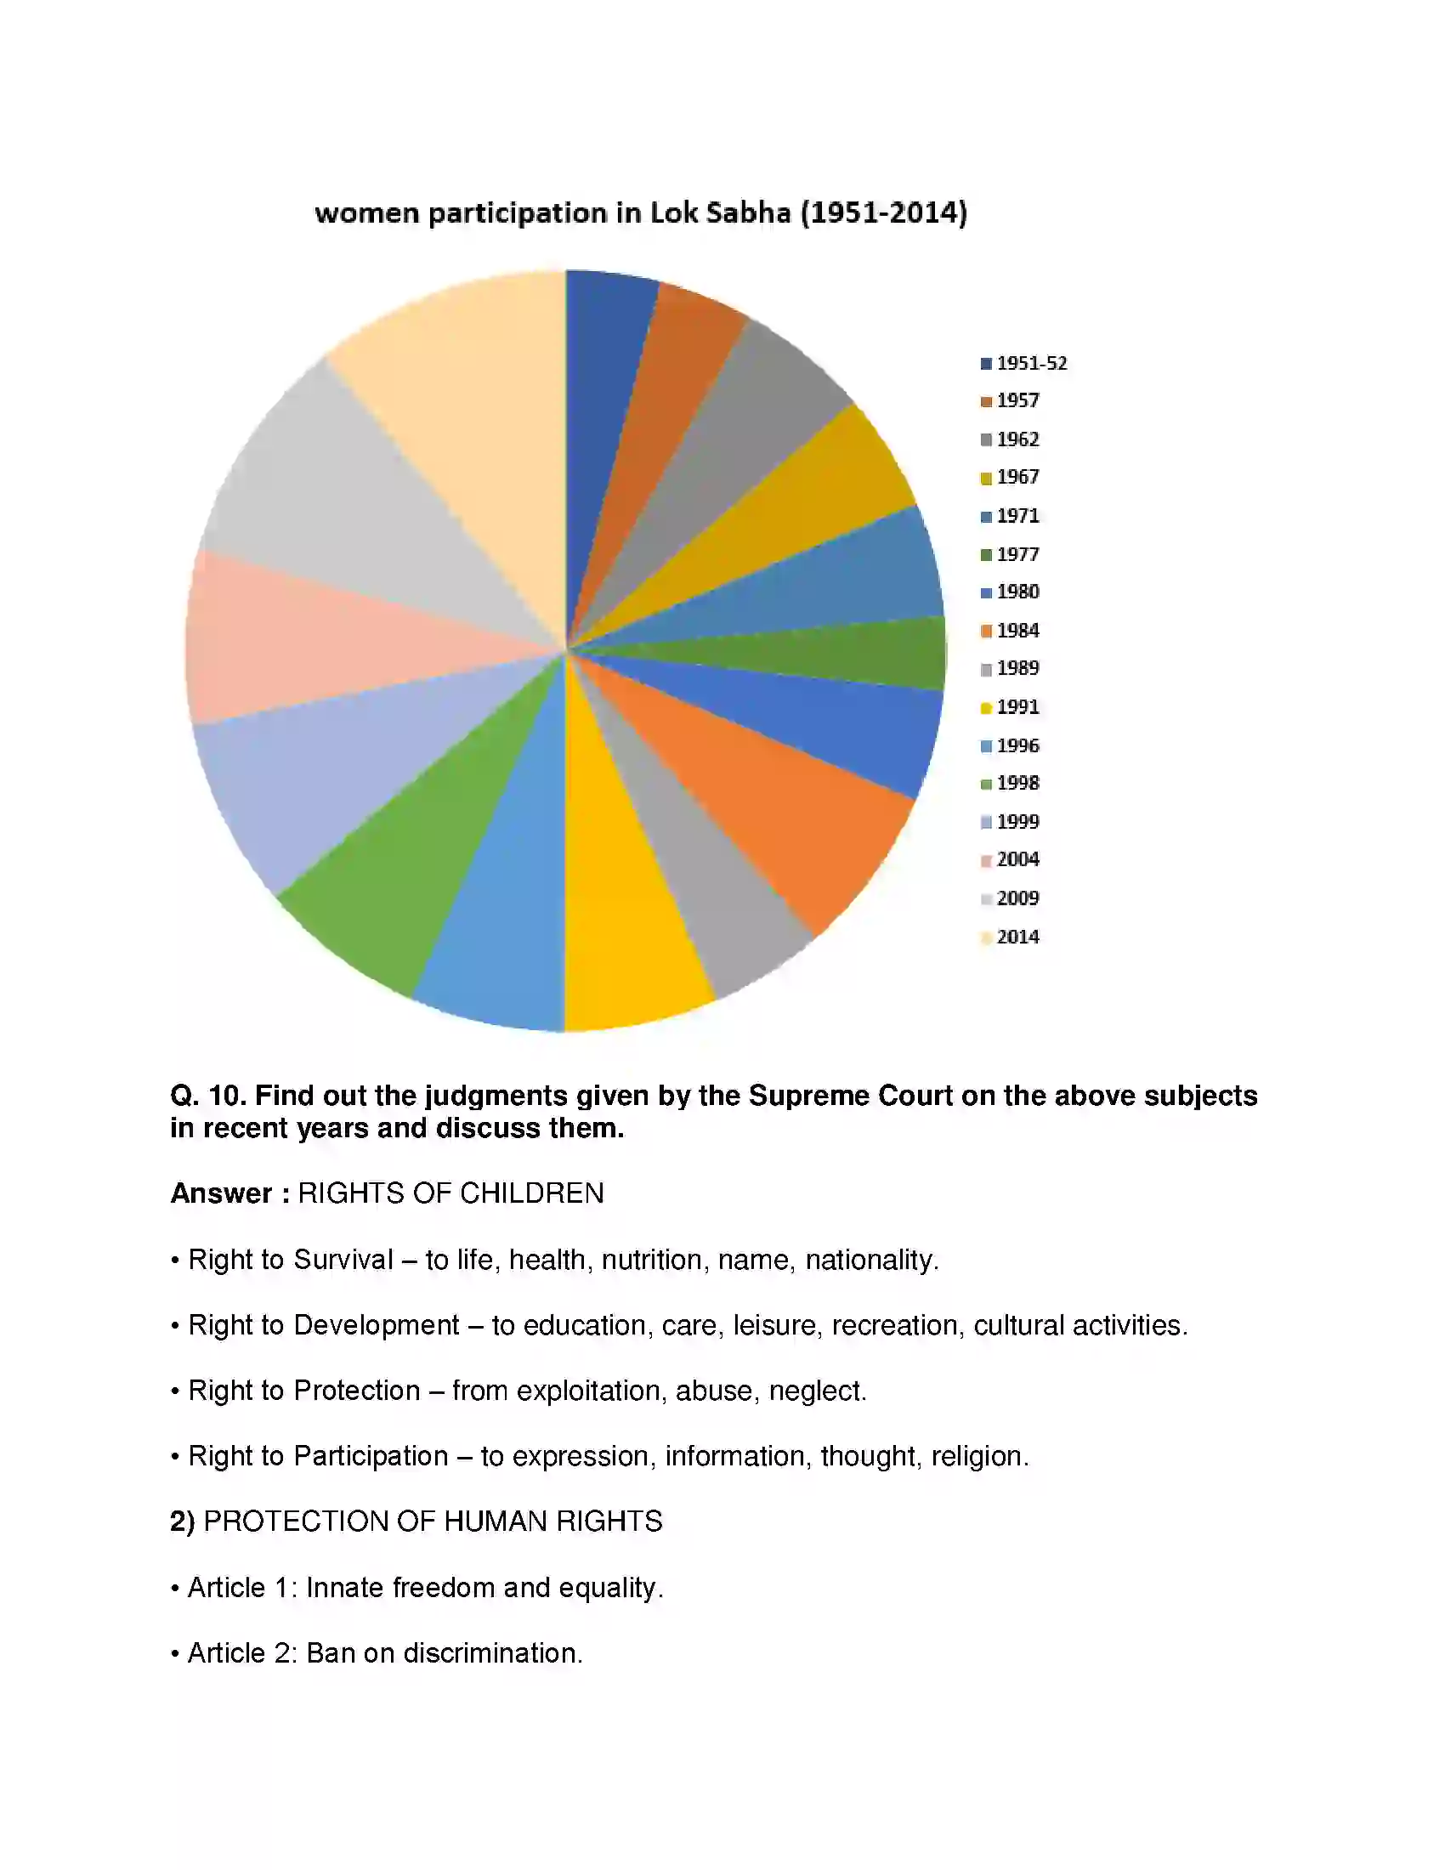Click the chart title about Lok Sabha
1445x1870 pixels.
(640, 212)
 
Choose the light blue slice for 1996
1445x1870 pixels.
(505, 916)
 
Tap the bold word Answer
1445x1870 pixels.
(221, 1193)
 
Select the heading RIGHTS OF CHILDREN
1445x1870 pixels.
(450, 1193)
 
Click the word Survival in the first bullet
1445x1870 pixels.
(343, 1260)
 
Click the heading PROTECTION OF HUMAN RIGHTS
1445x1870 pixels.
(433, 1521)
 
